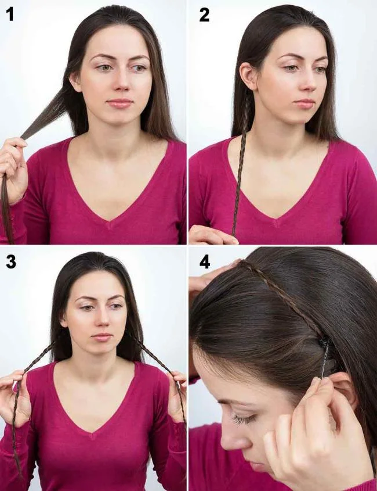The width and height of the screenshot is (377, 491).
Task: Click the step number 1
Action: [x=9, y=15]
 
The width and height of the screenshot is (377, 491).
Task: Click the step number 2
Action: [x=204, y=15]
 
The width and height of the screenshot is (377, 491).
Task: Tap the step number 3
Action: [x=10, y=262]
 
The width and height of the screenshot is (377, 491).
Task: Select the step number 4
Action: [x=205, y=262]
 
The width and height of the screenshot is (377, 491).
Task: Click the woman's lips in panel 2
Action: [x=303, y=103]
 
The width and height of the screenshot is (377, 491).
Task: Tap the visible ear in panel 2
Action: [x=249, y=76]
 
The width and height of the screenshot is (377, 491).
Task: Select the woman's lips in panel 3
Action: [x=102, y=337]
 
